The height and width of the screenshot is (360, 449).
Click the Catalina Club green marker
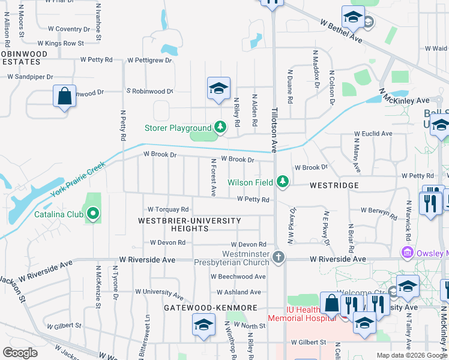click(x=92, y=214)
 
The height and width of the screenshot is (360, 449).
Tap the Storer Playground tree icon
click(x=220, y=127)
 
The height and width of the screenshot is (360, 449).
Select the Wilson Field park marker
click(x=282, y=182)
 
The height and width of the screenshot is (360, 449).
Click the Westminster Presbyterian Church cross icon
click(x=278, y=257)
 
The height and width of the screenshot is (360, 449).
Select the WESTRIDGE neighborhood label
click(x=334, y=186)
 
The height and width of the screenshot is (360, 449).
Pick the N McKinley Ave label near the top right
click(x=405, y=97)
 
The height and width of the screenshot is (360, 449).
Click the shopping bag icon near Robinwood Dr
click(x=64, y=96)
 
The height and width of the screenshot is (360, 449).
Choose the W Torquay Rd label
click(x=169, y=209)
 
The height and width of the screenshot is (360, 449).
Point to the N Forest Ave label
click(x=213, y=178)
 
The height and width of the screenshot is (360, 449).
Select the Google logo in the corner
click(x=20, y=353)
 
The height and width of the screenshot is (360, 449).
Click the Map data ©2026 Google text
click(x=411, y=355)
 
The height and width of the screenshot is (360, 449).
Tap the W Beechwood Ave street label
click(x=238, y=277)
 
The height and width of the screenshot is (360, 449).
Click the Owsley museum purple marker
click(x=408, y=252)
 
